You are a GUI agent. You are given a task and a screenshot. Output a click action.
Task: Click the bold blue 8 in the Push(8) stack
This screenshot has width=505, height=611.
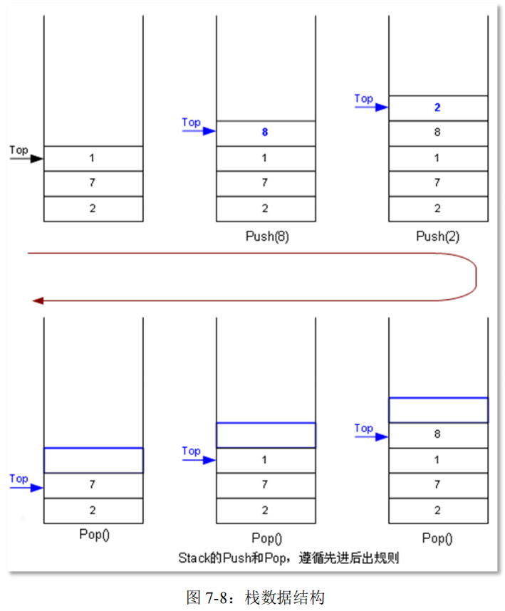pyautogui.click(x=264, y=132)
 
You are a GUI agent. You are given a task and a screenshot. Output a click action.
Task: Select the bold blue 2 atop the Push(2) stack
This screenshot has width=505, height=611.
pyautogui.click(x=437, y=108)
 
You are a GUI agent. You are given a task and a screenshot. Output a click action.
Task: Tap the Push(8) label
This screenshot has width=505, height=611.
pyautogui.click(x=264, y=236)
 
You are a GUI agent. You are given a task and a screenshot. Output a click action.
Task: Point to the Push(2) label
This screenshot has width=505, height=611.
pyautogui.click(x=437, y=236)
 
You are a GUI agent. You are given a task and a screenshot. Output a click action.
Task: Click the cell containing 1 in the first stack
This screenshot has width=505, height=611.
pyautogui.click(x=93, y=158)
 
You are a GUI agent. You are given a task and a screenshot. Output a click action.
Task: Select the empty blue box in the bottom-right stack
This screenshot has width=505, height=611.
pyautogui.click(x=438, y=409)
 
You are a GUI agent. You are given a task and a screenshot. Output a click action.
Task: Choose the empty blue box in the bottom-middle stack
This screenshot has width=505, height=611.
pyautogui.click(x=266, y=434)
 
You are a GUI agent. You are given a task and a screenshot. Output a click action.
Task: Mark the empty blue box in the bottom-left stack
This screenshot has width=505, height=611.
pyautogui.click(x=93, y=460)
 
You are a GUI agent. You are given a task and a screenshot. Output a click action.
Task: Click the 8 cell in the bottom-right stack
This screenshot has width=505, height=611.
pyautogui.click(x=437, y=434)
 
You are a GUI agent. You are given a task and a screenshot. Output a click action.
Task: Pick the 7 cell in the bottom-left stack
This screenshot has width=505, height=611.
pyautogui.click(x=93, y=485)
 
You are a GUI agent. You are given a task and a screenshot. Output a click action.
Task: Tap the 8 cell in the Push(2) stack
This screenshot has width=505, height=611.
pyautogui.click(x=437, y=132)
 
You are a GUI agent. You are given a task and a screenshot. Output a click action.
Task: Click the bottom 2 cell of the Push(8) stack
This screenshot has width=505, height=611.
pyautogui.click(x=264, y=209)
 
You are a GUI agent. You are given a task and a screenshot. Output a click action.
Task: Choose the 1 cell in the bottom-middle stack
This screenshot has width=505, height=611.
pyautogui.click(x=265, y=460)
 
